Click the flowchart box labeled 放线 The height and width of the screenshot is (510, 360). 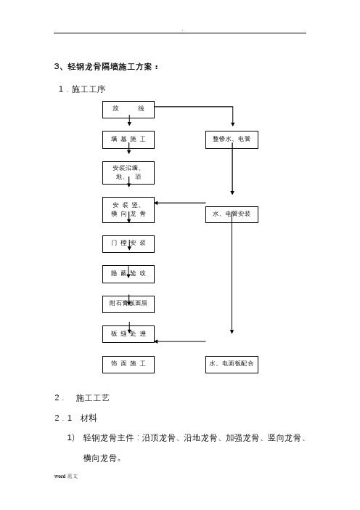coord(128,110)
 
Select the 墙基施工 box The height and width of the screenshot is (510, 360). coord(128,140)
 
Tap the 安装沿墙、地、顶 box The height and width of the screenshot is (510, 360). coord(128,173)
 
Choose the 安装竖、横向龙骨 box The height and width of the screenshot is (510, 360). coord(128,210)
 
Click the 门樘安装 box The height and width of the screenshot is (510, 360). coord(128,244)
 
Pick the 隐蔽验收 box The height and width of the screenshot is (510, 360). coord(128,274)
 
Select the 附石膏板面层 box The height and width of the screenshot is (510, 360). coord(128,304)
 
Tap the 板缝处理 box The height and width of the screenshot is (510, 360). coord(128,334)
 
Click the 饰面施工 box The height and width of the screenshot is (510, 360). coord(128,365)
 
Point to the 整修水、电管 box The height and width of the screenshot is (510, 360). coord(232,140)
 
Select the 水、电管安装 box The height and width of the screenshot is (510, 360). coord(232,214)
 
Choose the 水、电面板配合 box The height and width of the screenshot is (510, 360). coord(232,365)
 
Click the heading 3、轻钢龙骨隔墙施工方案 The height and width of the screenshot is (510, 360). coord(106,67)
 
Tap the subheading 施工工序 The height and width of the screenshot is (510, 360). coord(89,89)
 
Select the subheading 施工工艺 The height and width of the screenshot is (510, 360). coord(93,398)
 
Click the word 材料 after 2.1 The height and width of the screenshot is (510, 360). coord(89,418)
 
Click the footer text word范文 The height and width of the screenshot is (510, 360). coord(66,476)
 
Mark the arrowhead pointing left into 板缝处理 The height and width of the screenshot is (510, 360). coord(156,341)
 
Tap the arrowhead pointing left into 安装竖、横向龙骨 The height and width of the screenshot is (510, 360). coord(156,203)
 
